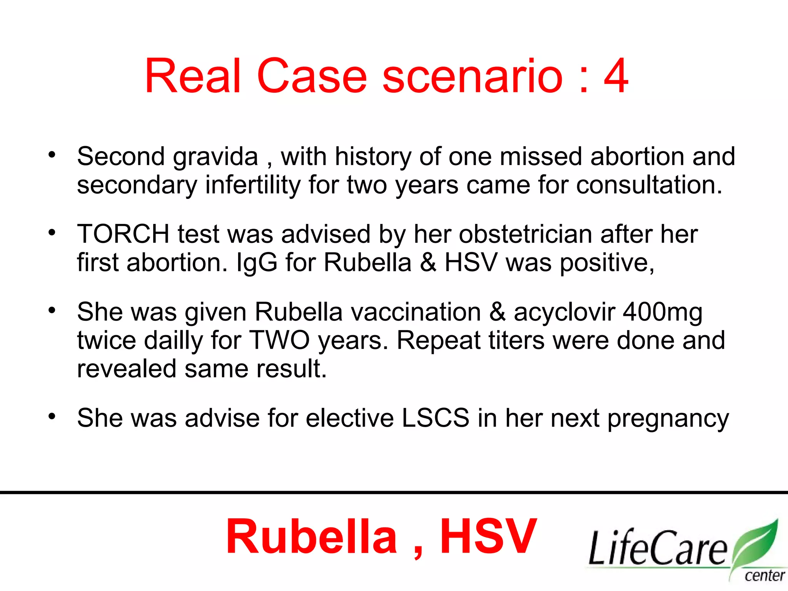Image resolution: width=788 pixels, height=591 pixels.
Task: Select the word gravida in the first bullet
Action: [215, 158]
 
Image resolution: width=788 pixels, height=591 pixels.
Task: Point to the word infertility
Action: [253, 185]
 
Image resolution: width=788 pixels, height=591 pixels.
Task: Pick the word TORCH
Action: [123, 234]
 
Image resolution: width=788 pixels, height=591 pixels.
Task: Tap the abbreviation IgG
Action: [256, 263]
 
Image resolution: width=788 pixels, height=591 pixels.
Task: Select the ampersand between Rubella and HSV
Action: [428, 263]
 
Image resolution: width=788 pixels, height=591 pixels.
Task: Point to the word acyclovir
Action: [564, 312]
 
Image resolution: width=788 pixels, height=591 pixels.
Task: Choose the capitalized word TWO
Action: [280, 341]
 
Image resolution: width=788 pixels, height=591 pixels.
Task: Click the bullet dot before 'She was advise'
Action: [52, 416]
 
